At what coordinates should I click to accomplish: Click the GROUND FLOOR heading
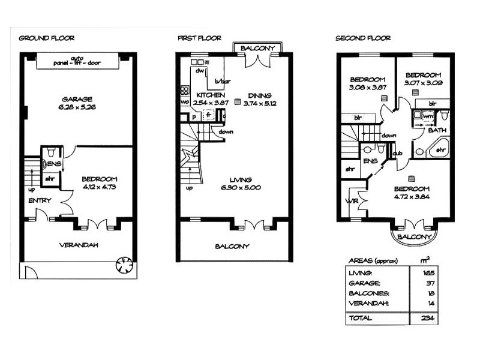(x=46, y=38)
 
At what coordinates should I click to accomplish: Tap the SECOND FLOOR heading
(x=362, y=38)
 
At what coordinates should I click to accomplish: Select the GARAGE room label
(x=76, y=99)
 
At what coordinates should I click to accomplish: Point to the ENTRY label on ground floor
(x=40, y=200)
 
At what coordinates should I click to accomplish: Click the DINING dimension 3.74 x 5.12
(x=257, y=103)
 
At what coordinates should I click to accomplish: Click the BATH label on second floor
(x=436, y=130)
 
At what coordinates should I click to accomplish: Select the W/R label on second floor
(x=352, y=201)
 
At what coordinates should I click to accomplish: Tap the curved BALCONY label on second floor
(x=414, y=238)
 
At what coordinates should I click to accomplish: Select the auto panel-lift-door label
(x=76, y=61)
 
